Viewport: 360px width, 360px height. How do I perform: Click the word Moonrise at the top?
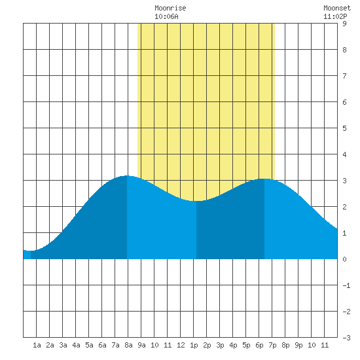pos(170,8)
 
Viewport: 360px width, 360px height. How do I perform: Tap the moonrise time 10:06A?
pos(166,16)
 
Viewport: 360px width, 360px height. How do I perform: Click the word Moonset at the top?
pos(337,8)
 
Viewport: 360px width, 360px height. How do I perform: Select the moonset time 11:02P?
pos(335,16)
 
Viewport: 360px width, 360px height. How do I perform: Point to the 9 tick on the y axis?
pos(344,24)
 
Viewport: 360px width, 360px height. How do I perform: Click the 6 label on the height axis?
pos(344,102)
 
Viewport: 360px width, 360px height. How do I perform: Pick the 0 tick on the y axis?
pos(344,259)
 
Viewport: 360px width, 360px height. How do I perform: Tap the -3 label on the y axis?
pos(346,338)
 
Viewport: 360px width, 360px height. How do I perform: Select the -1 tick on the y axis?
pos(346,285)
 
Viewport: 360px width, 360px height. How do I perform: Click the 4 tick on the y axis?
pos(344,154)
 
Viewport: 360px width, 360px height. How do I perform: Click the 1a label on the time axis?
pos(37,345)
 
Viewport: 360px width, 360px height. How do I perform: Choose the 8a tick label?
pos(128,345)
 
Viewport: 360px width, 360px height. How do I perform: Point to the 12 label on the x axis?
pos(181,345)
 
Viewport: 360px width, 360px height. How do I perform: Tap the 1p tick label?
pos(194,345)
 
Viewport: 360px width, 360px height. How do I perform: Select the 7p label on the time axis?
pos(272,345)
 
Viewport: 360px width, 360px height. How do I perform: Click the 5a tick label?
pos(89,345)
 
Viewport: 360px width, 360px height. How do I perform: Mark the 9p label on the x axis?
pos(298,345)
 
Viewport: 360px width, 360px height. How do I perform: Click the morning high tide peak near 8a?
pos(127,175)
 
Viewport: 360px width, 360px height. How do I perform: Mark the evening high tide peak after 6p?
pos(264,179)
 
